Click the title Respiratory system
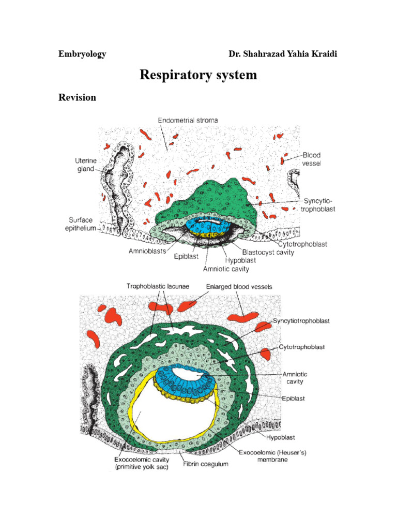click(198, 75)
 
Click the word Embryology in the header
click(82, 54)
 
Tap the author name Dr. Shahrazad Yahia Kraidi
click(283, 54)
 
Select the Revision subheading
click(77, 97)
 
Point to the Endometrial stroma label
click(188, 120)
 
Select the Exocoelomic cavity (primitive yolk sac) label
click(137, 463)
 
